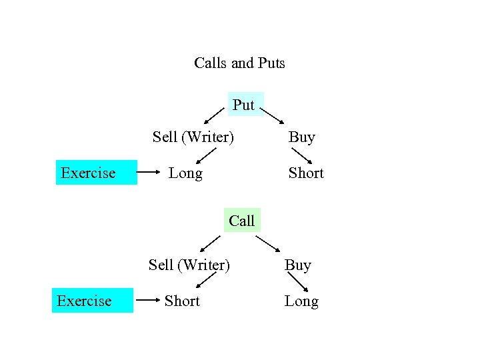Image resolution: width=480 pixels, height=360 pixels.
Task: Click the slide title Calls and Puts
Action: [239, 63]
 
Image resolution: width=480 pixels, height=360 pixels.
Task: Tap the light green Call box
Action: [241, 220]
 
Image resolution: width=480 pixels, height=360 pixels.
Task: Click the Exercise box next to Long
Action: [96, 173]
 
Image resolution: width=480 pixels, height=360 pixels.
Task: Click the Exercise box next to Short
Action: [92, 301]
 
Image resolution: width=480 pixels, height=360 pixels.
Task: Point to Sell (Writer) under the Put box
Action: [193, 137]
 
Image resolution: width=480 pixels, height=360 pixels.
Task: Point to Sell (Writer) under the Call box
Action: [189, 265]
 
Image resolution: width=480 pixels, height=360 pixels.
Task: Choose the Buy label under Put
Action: [301, 137]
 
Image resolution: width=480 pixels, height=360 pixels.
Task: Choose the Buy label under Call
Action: [298, 265]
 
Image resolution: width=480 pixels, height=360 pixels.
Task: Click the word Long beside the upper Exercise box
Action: [185, 173]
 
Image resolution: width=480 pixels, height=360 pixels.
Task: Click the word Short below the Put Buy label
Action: [306, 173]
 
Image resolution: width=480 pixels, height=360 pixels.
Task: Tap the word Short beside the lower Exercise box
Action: [182, 301]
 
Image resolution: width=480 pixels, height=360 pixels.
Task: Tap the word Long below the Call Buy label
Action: [301, 301]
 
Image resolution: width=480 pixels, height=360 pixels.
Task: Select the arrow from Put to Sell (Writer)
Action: [214, 117]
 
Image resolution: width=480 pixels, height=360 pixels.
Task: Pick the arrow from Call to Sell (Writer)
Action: [211, 243]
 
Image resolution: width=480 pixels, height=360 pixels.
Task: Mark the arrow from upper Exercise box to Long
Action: [149, 173]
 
